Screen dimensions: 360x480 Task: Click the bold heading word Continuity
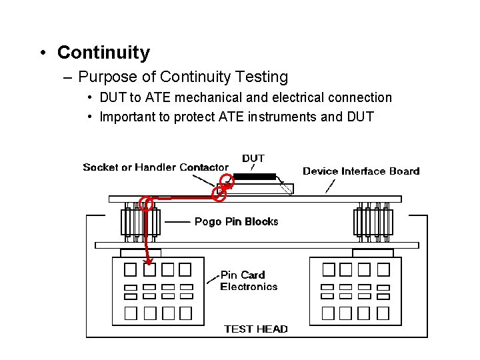coord(103,53)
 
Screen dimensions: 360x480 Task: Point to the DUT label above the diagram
coord(253,159)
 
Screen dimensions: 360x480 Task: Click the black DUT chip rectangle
coord(254,177)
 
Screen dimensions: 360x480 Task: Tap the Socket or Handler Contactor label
coord(155,167)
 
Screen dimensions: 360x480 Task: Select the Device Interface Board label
coord(361,171)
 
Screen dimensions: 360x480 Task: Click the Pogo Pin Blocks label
coord(236,221)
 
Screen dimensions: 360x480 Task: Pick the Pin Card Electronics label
coord(248,281)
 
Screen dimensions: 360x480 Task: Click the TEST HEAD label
coord(256,329)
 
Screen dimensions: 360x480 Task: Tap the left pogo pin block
coord(140,222)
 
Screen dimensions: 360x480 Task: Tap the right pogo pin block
coord(373,222)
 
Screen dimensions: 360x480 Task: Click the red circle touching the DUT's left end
coord(229,179)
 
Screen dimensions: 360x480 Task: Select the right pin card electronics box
coord(355,291)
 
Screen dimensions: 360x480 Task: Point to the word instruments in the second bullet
coord(282,117)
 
